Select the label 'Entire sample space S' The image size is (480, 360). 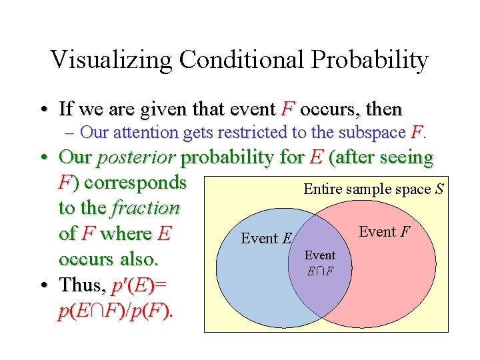(x=374, y=189)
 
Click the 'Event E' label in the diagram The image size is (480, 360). (x=267, y=238)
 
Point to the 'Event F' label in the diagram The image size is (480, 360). (x=384, y=231)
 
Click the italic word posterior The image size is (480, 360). (x=137, y=158)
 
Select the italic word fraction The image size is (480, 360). (x=145, y=208)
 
